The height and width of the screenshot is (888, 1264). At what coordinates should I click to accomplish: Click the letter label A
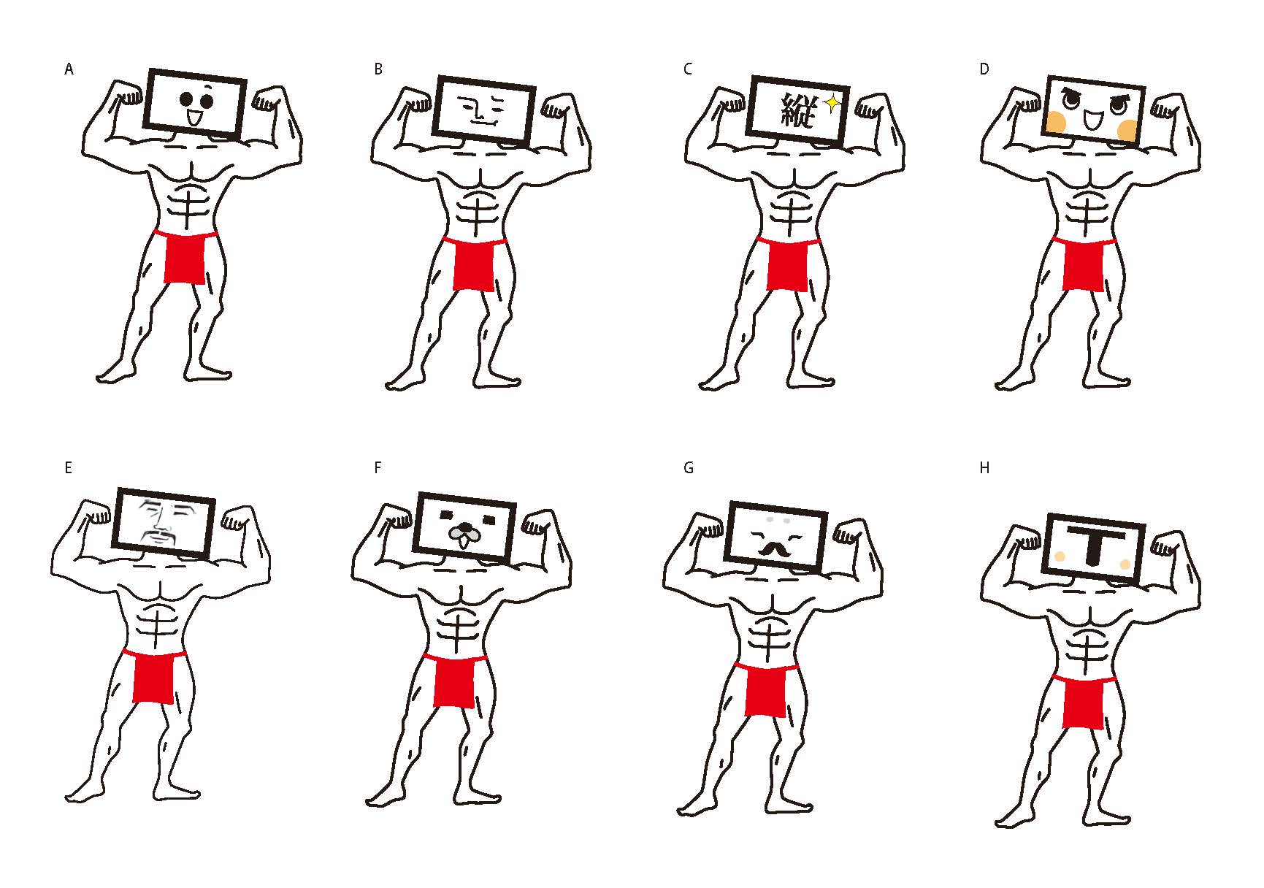tap(69, 69)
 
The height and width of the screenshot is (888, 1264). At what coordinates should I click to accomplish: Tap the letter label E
tap(69, 468)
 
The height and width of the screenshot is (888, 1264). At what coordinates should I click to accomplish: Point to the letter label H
tap(984, 468)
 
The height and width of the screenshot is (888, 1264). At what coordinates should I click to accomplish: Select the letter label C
tap(688, 69)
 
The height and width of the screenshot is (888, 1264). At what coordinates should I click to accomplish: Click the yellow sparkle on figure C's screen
tap(830, 104)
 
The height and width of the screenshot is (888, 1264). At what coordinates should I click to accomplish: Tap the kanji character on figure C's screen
tap(798, 111)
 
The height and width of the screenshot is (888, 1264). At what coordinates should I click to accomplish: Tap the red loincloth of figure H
tap(1084, 702)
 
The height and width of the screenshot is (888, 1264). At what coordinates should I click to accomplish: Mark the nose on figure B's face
tap(476, 112)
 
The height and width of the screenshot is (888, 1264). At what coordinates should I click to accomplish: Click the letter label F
tap(378, 468)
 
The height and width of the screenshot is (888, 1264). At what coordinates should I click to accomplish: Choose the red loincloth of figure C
tap(788, 264)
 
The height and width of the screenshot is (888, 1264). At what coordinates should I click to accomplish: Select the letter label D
tap(984, 69)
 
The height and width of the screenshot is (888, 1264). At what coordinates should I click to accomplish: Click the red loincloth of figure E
tap(154, 676)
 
